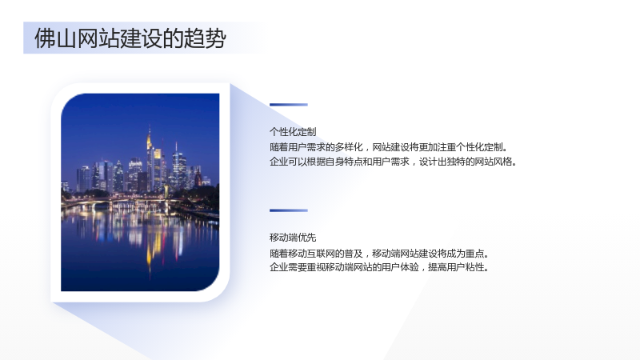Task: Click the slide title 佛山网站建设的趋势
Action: (x=130, y=38)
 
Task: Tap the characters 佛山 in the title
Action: (x=55, y=38)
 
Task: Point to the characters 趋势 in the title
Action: (x=205, y=38)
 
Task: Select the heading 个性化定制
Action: (x=293, y=132)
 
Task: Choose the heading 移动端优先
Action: (x=293, y=238)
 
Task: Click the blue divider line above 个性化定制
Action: (x=289, y=105)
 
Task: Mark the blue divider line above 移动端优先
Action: (x=289, y=210)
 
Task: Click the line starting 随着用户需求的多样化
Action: (x=389, y=147)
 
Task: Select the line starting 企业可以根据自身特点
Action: (x=394, y=162)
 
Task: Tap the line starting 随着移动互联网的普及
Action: (x=379, y=254)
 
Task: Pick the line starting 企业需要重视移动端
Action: (x=379, y=268)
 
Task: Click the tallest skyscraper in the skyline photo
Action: (x=150, y=159)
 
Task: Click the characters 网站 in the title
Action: (x=98, y=38)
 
